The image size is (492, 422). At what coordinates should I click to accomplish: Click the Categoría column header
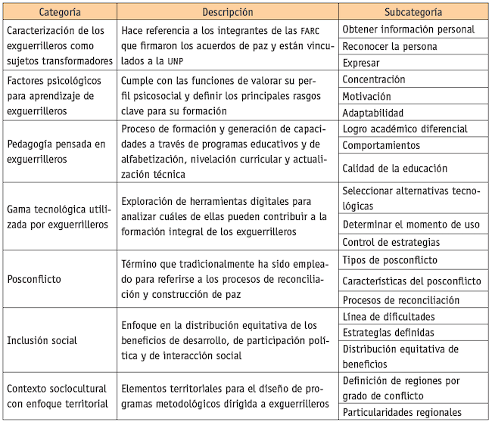click(x=58, y=13)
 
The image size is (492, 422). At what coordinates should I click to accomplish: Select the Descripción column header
click(x=227, y=13)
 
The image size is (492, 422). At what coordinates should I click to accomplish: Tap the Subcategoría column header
click(x=413, y=13)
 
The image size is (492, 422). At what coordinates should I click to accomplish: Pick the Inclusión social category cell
click(x=42, y=340)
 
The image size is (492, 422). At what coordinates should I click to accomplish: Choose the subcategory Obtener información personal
click(x=409, y=29)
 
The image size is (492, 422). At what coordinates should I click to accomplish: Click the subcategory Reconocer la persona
click(x=390, y=46)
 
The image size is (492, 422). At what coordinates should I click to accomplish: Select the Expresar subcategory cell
click(x=361, y=63)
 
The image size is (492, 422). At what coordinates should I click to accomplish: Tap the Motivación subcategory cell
click(x=367, y=96)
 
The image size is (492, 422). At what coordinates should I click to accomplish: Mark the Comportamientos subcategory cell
click(x=381, y=145)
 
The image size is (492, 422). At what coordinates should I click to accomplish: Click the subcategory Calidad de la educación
click(x=394, y=168)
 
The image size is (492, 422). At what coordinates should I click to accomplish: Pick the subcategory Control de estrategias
click(x=391, y=243)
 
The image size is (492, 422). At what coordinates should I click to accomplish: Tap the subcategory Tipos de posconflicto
click(x=390, y=260)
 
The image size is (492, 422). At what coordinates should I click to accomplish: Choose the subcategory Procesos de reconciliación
click(x=401, y=299)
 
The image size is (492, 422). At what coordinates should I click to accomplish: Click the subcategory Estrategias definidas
click(x=388, y=332)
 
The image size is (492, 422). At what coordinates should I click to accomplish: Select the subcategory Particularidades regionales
click(x=402, y=412)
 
